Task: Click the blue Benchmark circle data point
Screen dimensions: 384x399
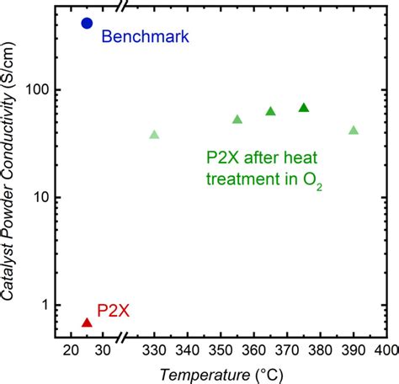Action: click(87, 23)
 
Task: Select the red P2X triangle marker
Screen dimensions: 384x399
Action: click(87, 322)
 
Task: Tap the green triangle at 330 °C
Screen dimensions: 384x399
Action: click(154, 135)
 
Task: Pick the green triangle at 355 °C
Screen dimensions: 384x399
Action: click(237, 120)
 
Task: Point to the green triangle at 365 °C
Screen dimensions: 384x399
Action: click(271, 111)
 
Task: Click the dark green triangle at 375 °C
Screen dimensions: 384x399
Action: click(304, 107)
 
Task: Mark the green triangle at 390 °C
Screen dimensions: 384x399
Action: click(354, 131)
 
